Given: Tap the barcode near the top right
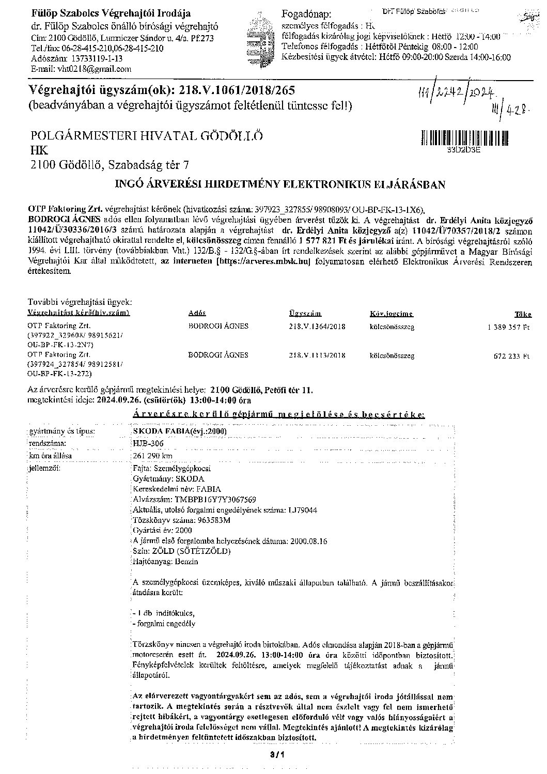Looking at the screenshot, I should point(464,138).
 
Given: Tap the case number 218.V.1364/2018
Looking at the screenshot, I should point(317,327).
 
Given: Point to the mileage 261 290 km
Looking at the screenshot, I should point(152,456).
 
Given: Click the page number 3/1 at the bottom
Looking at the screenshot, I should point(274,756).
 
